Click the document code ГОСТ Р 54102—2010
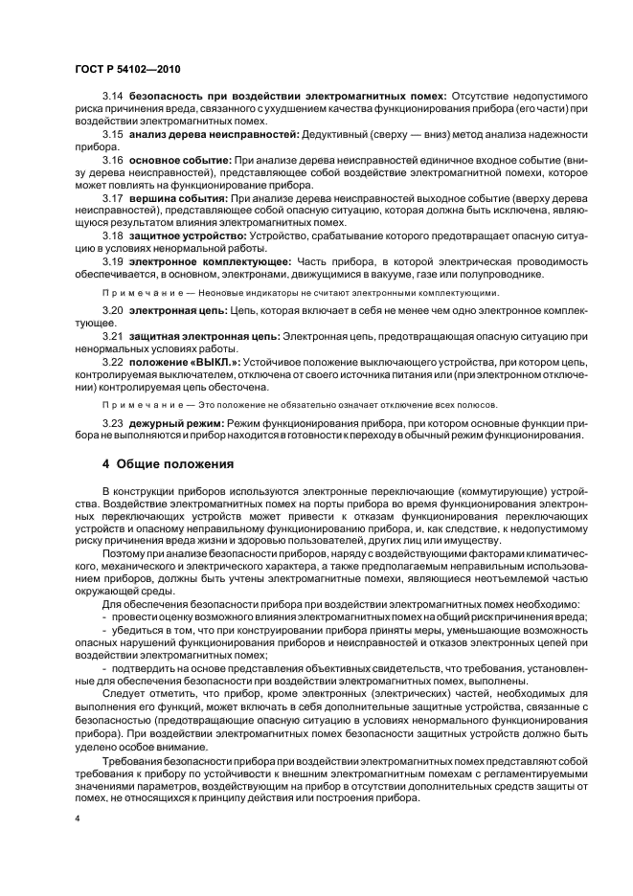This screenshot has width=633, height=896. click(x=127, y=70)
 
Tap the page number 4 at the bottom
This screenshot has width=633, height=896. click(x=77, y=819)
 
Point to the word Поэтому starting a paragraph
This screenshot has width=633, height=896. click(x=124, y=552)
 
